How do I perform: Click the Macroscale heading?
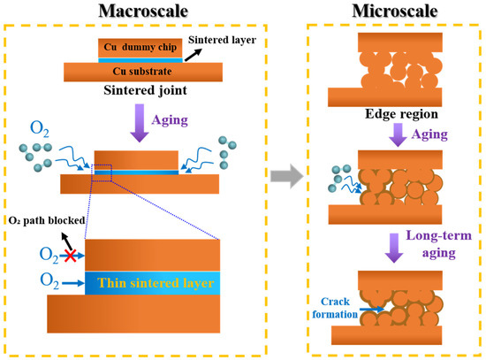pos(143,11)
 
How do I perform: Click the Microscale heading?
pos(395,11)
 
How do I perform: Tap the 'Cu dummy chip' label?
pos(140,47)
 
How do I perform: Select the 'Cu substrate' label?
pos(142,72)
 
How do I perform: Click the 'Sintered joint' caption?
pos(145,90)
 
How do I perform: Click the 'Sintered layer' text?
pos(222,40)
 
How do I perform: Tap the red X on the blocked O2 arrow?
pos(71,256)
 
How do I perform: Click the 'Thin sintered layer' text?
pos(156,283)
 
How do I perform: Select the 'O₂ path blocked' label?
pos(47,220)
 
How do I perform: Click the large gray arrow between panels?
pos(287,176)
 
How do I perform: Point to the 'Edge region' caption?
pos(401,114)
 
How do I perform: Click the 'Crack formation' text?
pos(335,308)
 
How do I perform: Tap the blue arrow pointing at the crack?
pos(372,309)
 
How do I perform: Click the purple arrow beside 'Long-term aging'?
pos(394,248)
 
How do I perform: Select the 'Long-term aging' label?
pos(439,244)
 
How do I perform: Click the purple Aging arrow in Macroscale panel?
pos(140,123)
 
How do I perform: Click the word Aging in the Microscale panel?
pos(429,134)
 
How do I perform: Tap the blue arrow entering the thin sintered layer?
pos(73,283)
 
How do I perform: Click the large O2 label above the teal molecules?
pos(40,129)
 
